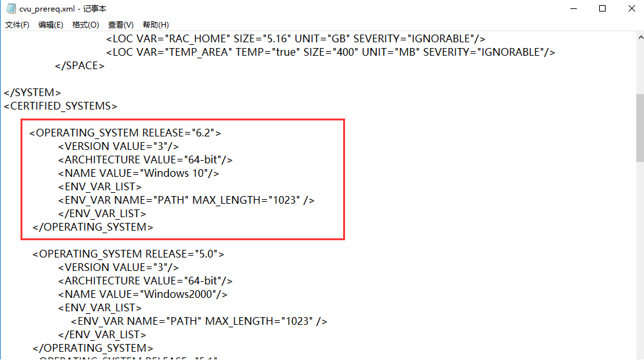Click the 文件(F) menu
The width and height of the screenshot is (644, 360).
(x=17, y=25)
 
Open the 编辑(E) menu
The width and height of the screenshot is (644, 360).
(x=51, y=25)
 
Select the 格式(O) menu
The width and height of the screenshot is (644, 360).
(x=85, y=25)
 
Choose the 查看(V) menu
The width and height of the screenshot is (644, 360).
(x=120, y=25)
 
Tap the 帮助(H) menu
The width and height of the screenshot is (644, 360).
(x=156, y=25)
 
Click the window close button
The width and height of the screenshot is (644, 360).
(x=629, y=8)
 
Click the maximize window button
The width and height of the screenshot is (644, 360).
(x=602, y=8)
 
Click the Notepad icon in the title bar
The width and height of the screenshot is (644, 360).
(x=10, y=9)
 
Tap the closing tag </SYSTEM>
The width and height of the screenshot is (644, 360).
(x=33, y=92)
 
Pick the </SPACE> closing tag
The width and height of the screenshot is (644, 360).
(x=80, y=65)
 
